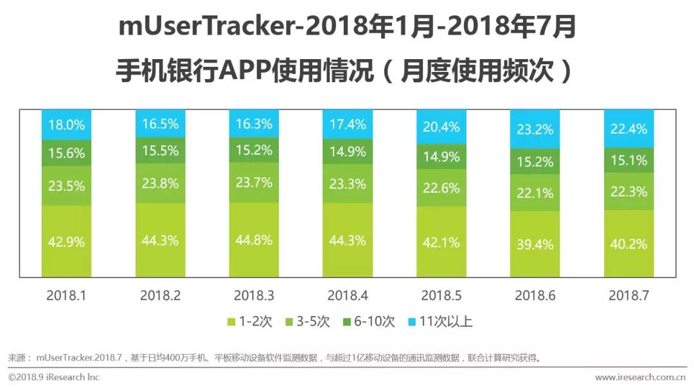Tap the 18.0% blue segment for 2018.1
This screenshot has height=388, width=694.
tap(66, 125)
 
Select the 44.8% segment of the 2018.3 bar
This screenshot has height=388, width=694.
tap(254, 240)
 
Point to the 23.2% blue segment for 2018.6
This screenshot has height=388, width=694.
tap(535, 129)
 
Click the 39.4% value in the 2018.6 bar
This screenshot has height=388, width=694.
tap(535, 243)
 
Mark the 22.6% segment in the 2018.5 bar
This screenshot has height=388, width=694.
tap(441, 188)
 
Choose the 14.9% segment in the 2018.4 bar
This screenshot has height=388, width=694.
tap(348, 152)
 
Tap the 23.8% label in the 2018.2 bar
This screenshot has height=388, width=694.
tap(160, 184)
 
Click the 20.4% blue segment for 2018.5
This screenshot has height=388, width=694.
tap(441, 127)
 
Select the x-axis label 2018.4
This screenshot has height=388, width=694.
tap(348, 295)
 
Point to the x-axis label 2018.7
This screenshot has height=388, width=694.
tap(629, 295)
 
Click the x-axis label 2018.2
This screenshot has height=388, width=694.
tap(160, 295)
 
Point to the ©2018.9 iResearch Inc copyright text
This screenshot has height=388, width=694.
tap(54, 377)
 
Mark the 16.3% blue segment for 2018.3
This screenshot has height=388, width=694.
tap(254, 123)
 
